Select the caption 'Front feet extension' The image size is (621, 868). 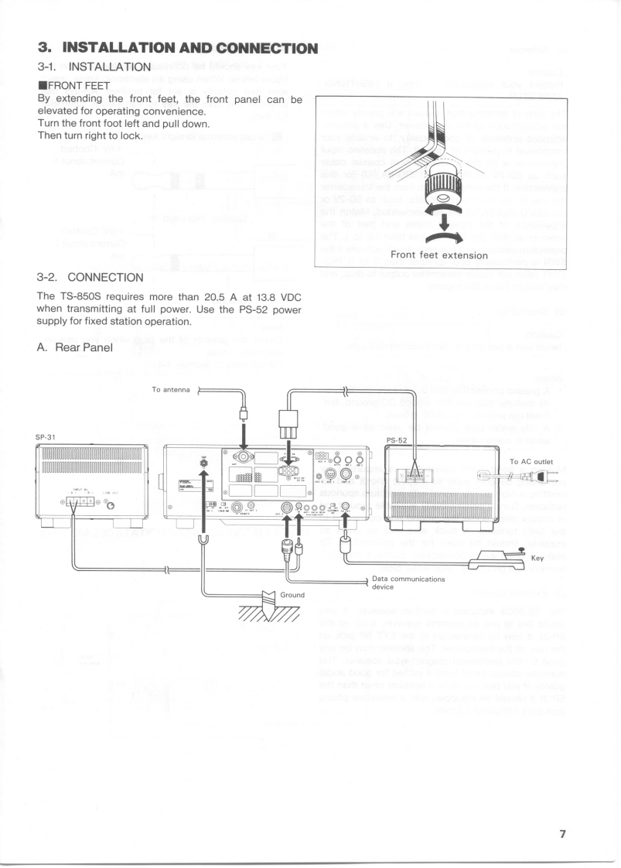[x=438, y=255]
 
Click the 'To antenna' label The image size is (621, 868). [x=171, y=390]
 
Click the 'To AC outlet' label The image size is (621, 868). [x=531, y=461]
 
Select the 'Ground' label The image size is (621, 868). [x=292, y=594]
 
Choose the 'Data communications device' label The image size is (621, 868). [x=408, y=582]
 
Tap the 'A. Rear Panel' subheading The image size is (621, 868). [x=76, y=347]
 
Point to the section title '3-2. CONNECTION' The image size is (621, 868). [x=90, y=277]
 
